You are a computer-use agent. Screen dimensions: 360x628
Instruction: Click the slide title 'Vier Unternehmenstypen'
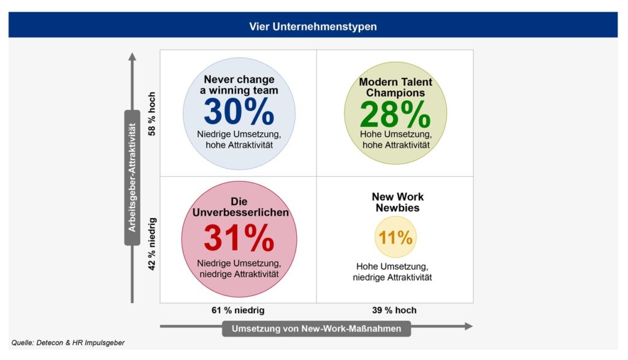click(313, 26)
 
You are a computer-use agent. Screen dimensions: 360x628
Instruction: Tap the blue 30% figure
click(239, 112)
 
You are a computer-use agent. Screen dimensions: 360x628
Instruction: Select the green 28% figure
click(395, 114)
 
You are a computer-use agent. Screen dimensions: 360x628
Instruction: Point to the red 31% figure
click(239, 239)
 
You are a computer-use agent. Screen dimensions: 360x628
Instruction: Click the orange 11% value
click(396, 237)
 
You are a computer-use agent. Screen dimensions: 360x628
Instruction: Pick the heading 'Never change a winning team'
click(239, 85)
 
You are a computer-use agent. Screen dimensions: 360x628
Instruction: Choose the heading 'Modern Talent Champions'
click(396, 87)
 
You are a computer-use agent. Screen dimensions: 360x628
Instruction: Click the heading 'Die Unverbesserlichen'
click(240, 207)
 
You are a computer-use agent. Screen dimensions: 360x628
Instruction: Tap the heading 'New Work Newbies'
click(397, 202)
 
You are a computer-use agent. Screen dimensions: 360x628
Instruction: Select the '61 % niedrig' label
click(238, 310)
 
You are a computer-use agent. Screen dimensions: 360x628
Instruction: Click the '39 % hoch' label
click(394, 310)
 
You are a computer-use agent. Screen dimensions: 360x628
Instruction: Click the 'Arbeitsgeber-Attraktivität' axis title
click(132, 178)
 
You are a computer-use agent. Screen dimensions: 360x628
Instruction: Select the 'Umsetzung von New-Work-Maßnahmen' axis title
click(316, 329)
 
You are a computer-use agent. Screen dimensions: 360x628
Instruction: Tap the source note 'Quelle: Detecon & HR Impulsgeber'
click(67, 343)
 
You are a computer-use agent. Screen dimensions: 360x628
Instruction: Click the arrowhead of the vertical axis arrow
click(132, 56)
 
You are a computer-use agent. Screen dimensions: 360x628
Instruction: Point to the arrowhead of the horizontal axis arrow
click(469, 326)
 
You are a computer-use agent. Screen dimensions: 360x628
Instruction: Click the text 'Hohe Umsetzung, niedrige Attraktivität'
click(392, 272)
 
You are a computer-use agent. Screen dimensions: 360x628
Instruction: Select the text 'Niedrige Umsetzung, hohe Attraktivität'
click(239, 140)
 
